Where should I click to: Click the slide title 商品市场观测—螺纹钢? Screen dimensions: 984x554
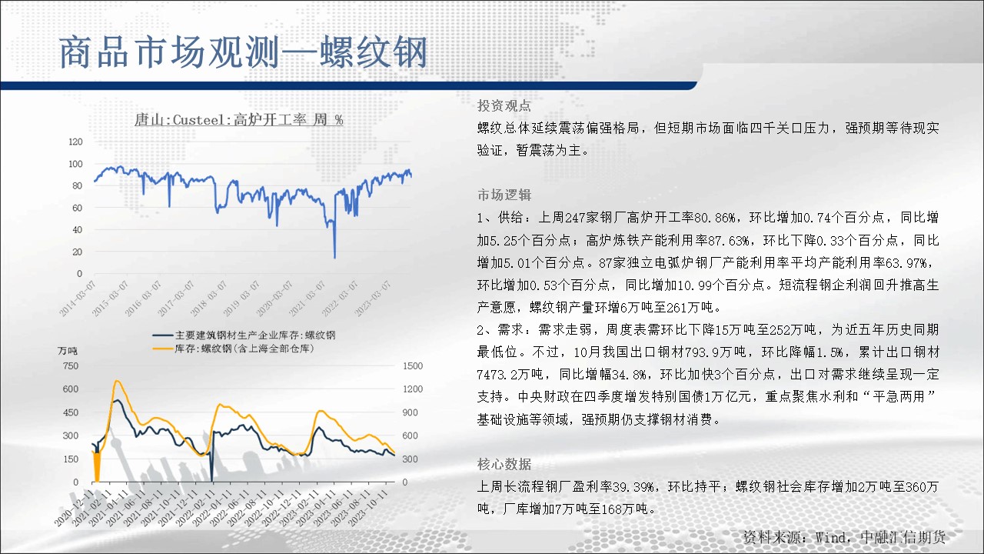(243, 53)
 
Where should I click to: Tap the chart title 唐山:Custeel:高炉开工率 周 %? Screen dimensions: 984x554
(238, 119)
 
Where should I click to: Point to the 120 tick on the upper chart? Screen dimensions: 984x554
(75, 142)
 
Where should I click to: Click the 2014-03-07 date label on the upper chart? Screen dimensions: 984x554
(78, 299)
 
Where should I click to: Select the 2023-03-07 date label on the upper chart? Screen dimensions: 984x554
(373, 299)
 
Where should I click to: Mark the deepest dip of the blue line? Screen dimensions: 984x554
(334, 258)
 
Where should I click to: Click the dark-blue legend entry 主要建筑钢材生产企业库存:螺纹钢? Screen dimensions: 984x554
(244, 335)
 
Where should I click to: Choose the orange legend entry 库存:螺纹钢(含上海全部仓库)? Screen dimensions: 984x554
(233, 349)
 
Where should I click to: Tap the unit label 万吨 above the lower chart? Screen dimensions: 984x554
(67, 351)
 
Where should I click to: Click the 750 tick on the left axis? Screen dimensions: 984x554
(70, 365)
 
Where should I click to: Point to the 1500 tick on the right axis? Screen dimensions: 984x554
(413, 365)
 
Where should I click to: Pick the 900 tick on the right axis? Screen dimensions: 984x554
(410, 412)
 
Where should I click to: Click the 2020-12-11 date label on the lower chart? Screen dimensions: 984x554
(74, 508)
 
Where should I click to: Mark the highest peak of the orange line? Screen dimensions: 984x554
(117, 381)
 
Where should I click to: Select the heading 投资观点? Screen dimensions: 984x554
(504, 105)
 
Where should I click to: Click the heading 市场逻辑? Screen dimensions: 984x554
(504, 195)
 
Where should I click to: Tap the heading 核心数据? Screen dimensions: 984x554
(504, 464)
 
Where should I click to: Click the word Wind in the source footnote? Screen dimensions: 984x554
(830, 537)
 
